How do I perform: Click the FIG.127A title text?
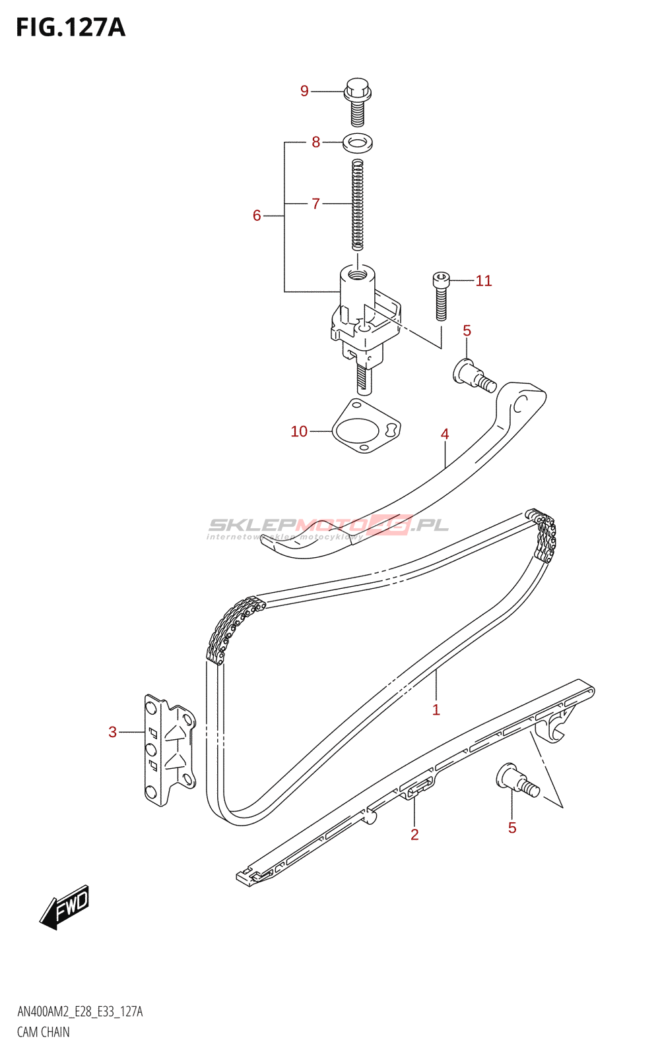coord(71,28)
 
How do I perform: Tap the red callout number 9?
coord(304,91)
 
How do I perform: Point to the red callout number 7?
coord(316,204)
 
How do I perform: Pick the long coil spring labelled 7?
coord(357,205)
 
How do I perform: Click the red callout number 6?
coord(257,216)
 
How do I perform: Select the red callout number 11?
coord(484,281)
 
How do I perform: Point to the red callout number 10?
coord(299,431)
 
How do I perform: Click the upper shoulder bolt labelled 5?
coord(473,375)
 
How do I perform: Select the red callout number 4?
coord(445,434)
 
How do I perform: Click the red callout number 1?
coord(436,710)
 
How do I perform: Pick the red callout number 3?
coord(113,732)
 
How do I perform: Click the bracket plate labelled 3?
coord(169,750)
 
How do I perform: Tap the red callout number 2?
coord(414,835)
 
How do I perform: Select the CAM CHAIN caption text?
coord(44,1032)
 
